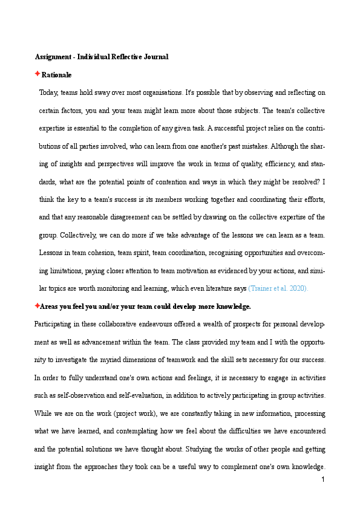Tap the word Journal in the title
coord(155,57)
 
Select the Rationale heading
coord(56,75)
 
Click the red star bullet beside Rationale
coord(37,74)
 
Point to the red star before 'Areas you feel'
coord(37,306)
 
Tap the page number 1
coord(323,479)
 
